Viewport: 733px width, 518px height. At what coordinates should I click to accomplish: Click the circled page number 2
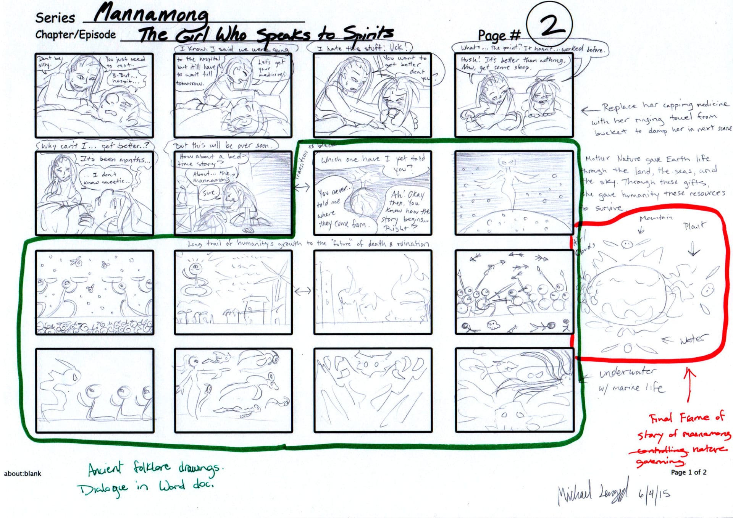point(550,25)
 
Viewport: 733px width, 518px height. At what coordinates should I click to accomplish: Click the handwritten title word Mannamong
point(151,15)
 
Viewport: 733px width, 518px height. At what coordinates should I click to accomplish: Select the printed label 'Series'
point(55,18)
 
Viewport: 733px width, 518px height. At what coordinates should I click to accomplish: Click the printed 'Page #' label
point(499,36)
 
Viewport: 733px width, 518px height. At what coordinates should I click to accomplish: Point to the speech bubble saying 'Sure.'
point(209,193)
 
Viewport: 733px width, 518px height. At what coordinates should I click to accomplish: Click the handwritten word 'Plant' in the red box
point(694,226)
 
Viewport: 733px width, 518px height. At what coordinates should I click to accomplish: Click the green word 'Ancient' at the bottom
point(106,469)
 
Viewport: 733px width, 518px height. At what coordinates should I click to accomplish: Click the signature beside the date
point(592,495)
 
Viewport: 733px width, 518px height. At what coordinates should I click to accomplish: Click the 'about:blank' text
point(23,473)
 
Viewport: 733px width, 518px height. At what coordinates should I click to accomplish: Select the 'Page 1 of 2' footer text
point(688,472)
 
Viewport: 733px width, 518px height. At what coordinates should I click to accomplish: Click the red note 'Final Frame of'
point(686,418)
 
